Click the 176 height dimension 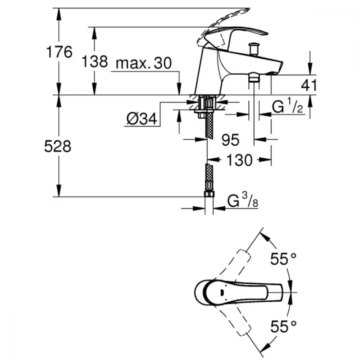(x=59, y=52)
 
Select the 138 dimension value (x=95, y=62)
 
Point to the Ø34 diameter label (x=141, y=119)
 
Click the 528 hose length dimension (x=58, y=146)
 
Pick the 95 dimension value (x=230, y=140)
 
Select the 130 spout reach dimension (x=239, y=160)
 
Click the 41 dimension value (x=309, y=85)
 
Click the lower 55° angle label (x=283, y=327)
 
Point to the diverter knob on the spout (x=253, y=49)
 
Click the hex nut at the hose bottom (x=209, y=194)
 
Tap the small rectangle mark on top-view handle (x=221, y=292)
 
